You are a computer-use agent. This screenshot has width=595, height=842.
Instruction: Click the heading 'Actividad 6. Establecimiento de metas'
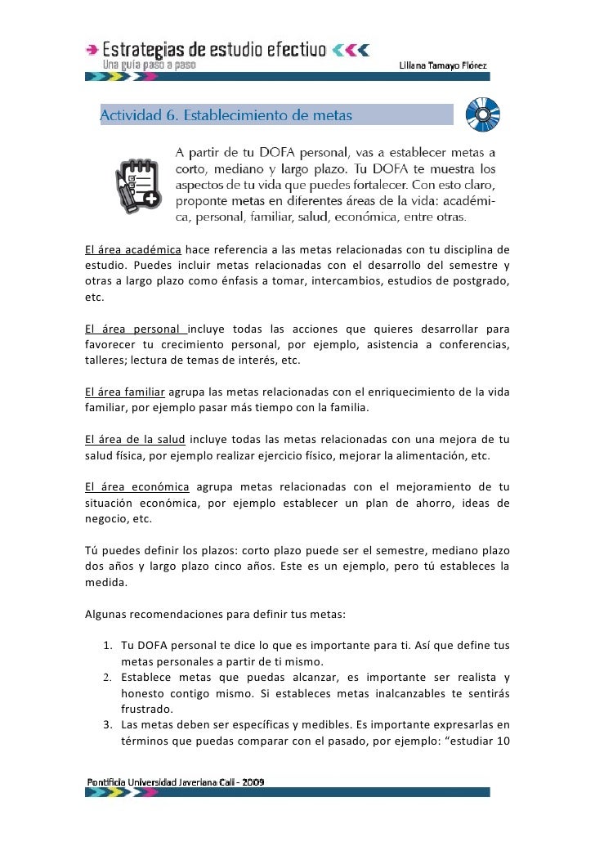(226, 115)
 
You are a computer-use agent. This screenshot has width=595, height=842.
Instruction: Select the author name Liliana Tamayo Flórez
(454, 65)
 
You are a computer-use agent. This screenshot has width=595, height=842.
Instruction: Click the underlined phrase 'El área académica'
(132, 249)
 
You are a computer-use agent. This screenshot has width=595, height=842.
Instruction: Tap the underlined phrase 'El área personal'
(136, 329)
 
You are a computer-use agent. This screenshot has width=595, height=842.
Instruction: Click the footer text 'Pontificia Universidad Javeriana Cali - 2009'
(176, 782)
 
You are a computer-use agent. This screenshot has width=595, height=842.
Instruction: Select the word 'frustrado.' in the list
(146, 710)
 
